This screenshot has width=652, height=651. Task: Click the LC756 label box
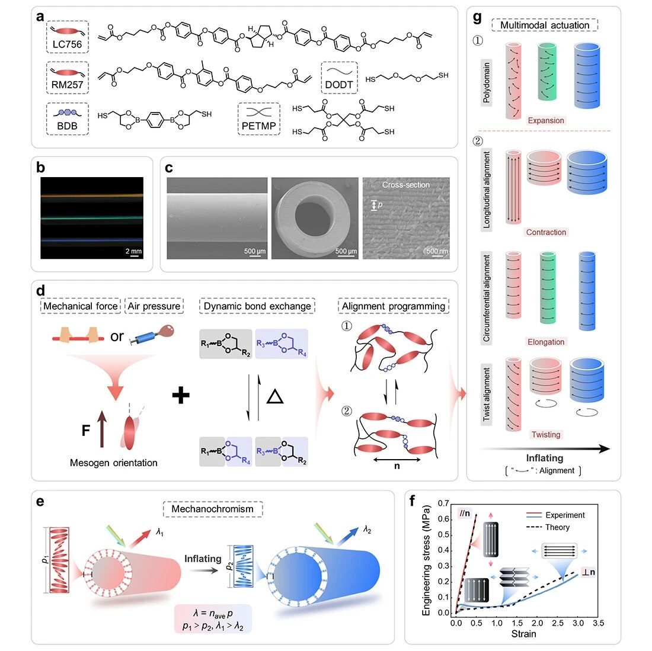(x=68, y=37)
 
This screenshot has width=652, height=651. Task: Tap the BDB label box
(x=68, y=119)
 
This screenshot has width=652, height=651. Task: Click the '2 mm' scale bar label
(x=133, y=251)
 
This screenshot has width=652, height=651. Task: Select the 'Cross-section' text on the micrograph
(x=406, y=185)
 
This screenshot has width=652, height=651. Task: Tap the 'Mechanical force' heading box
(x=80, y=306)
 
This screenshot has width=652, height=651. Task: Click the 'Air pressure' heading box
(x=154, y=306)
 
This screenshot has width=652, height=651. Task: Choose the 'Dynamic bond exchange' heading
(x=257, y=306)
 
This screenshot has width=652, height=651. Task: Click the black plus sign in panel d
(x=181, y=395)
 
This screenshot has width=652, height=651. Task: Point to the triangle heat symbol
(x=275, y=396)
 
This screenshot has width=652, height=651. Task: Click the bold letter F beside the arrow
(x=86, y=431)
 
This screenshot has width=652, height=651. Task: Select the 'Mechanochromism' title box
(x=212, y=509)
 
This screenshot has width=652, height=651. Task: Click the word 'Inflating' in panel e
(x=203, y=559)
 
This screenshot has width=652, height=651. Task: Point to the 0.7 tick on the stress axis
(x=444, y=504)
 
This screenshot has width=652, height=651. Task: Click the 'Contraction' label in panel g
(x=546, y=232)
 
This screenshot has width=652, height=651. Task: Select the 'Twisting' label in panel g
(x=546, y=435)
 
